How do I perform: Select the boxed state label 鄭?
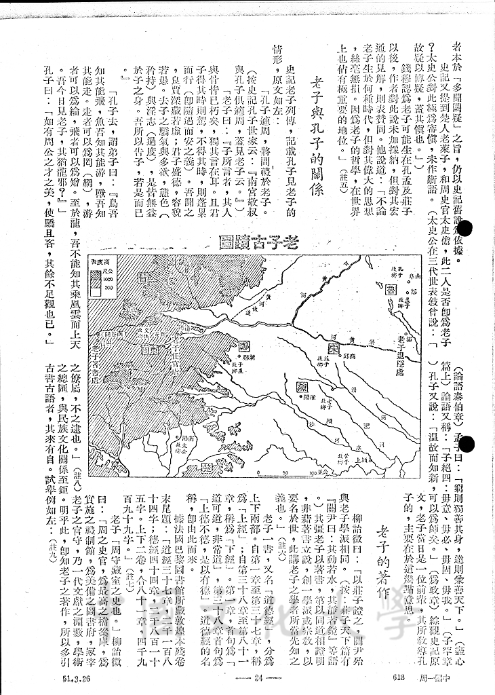243,345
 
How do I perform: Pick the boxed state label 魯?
391,288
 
